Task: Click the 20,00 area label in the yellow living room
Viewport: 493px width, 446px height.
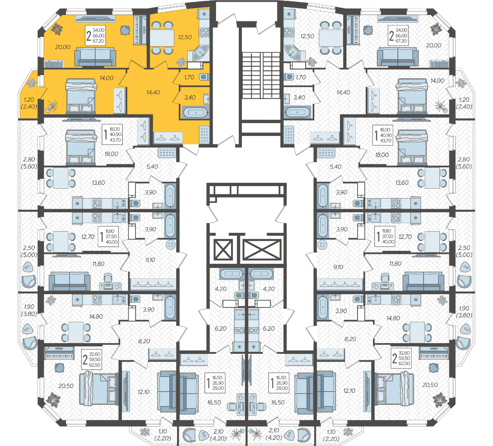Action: [x=63, y=47]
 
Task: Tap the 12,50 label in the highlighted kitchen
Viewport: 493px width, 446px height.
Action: [x=185, y=37]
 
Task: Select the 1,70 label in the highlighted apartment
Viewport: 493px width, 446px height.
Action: [x=189, y=77]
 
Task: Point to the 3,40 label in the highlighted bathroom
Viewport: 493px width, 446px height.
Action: [x=189, y=97]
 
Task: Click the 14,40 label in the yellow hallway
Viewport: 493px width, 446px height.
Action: [x=153, y=92]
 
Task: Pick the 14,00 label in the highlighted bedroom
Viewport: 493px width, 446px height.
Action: [x=107, y=78]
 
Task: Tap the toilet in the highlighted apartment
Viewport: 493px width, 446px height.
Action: [x=204, y=77]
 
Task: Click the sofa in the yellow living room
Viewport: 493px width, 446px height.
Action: [x=95, y=57]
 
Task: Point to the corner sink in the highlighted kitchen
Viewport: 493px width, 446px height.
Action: [x=199, y=53]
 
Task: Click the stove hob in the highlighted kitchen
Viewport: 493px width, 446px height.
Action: [x=204, y=33]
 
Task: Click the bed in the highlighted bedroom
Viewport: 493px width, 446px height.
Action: [x=81, y=96]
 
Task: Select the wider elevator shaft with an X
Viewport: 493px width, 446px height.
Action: [x=262, y=250]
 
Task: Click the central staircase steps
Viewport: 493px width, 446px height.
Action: [x=261, y=75]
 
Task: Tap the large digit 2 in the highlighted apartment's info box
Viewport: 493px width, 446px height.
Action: [x=89, y=36]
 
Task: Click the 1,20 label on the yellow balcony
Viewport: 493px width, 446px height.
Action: [x=29, y=99]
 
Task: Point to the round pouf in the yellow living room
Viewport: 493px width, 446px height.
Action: [x=125, y=30]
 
